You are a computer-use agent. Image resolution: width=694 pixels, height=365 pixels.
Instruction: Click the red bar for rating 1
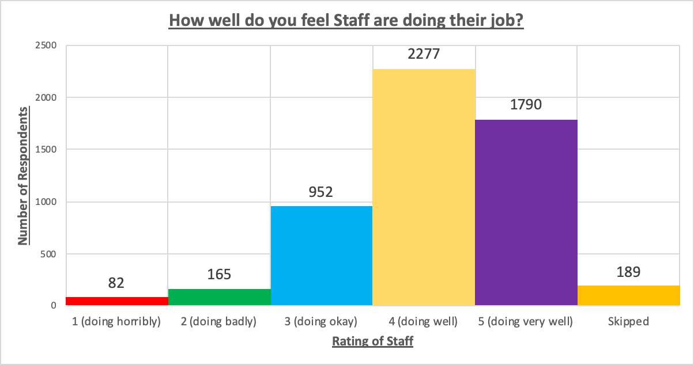point(117,301)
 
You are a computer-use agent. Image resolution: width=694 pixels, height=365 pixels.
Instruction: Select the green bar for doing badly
point(219,297)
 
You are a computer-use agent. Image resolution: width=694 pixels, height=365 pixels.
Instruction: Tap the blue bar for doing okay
point(321,256)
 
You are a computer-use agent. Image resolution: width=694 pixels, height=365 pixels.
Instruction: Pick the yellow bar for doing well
point(424,187)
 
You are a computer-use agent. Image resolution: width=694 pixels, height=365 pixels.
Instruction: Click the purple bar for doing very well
point(526,212)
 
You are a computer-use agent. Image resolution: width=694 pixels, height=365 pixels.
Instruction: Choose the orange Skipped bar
point(628,295)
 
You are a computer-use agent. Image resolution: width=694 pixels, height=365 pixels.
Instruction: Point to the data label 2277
point(424,54)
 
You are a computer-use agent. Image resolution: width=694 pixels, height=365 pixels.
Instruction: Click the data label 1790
point(526,105)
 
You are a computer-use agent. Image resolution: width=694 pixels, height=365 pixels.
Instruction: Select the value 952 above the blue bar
point(321,192)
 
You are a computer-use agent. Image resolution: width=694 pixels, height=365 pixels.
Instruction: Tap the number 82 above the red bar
point(117,283)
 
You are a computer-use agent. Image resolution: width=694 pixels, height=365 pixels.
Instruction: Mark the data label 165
point(219,274)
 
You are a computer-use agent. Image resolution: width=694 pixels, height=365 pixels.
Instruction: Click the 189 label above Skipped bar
point(628,271)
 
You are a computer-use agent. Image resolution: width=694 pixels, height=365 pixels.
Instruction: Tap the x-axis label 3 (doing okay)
point(321,322)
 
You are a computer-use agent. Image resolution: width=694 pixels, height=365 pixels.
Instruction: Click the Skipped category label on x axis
point(628,322)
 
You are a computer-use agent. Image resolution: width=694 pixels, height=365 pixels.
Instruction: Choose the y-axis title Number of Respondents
point(23,176)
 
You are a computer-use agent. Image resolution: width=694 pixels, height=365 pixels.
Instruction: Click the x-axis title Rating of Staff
point(372,341)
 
